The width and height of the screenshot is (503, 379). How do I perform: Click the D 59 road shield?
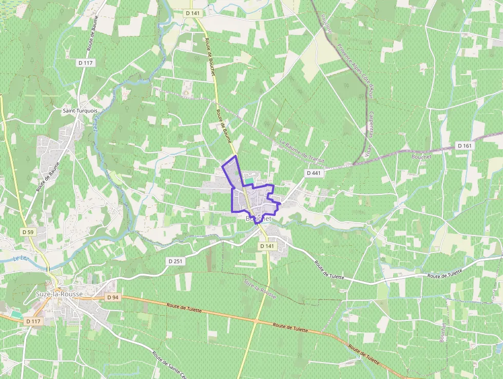click(28, 232)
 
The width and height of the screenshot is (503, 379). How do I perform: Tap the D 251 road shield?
click(175, 261)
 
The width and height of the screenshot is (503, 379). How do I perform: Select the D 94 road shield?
click(113, 297)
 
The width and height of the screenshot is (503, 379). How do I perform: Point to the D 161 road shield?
click(464, 146)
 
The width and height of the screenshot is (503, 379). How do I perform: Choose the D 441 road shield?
click(314, 173)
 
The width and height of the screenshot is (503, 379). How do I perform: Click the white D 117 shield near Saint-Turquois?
click(86, 63)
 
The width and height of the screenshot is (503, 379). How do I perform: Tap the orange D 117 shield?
click(32, 321)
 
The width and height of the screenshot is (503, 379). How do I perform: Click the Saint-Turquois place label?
click(80, 111)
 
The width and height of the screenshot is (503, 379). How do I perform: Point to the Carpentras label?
click(371, 124)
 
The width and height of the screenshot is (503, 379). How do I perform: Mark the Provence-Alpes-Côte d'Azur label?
click(354, 70)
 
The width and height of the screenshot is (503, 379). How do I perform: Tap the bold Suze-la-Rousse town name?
click(55, 294)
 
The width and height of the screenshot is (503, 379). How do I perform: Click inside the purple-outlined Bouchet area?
click(257, 201)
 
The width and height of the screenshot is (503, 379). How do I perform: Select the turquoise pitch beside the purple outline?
click(248, 181)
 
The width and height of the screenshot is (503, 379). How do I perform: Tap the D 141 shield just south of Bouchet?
click(267, 246)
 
